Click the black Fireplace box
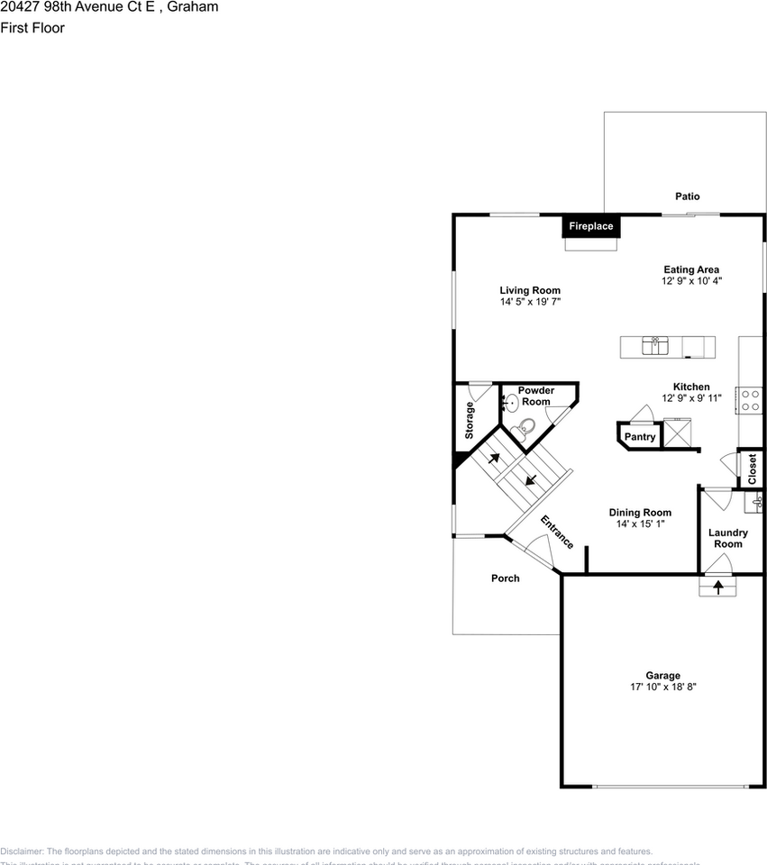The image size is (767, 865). coord(590,226)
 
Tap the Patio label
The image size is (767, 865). coord(687,196)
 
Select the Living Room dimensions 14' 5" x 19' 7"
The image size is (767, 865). coord(530,303)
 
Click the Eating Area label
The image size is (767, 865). coord(691,269)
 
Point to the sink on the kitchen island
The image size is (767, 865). coord(655,346)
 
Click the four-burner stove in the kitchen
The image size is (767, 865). coord(750,400)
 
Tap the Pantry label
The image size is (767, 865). coord(640,437)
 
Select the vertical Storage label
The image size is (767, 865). coord(470,421)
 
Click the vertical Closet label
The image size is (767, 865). coord(752,469)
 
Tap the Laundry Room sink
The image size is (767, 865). coord(758,501)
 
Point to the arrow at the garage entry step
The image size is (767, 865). coord(718,587)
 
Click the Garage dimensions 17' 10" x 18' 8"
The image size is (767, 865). coord(662,687)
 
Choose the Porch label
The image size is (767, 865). coord(505,578)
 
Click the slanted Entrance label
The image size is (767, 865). coord(557,532)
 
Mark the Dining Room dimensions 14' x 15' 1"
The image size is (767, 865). coord(640,524)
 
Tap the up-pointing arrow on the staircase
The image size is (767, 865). coord(494,458)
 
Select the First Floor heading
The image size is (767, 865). coord(32,27)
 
